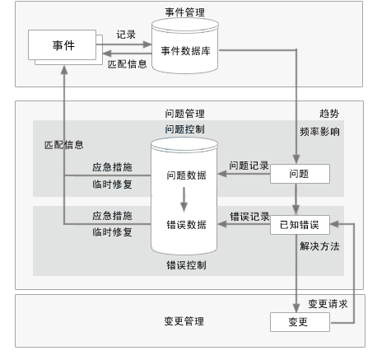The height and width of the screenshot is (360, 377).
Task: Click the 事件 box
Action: tap(63, 45)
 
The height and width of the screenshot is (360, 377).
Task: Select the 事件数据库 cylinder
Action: tap(185, 46)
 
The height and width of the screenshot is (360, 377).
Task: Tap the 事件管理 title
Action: tap(185, 12)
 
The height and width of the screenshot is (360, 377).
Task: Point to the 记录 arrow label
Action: tap(126, 35)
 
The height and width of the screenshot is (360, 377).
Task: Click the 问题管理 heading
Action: tap(185, 114)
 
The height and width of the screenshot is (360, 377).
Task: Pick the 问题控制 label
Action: tap(185, 129)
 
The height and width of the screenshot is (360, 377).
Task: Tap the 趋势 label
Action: tap(329, 114)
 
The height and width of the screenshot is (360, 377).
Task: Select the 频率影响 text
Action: tap(319, 132)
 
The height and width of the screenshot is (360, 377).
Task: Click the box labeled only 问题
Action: tap(300, 174)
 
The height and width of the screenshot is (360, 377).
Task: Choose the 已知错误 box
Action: tap(300, 225)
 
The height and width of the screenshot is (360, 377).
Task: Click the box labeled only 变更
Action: tap(300, 322)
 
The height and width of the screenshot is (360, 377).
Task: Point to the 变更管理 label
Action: tap(184, 321)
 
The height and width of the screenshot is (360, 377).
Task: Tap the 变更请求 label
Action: tap(328, 304)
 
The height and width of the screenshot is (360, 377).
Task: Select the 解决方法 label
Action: tap(319, 246)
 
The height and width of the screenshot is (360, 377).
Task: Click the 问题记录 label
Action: tap(249, 166)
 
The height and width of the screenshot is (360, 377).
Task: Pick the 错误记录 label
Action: tap(249, 217)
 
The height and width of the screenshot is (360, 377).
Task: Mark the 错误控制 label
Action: tap(187, 265)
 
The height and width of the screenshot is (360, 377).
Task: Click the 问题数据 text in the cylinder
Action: tap(187, 175)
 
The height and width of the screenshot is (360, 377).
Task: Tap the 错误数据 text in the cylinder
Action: tap(187, 225)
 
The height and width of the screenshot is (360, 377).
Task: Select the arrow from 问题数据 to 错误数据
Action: tap(184, 199)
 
